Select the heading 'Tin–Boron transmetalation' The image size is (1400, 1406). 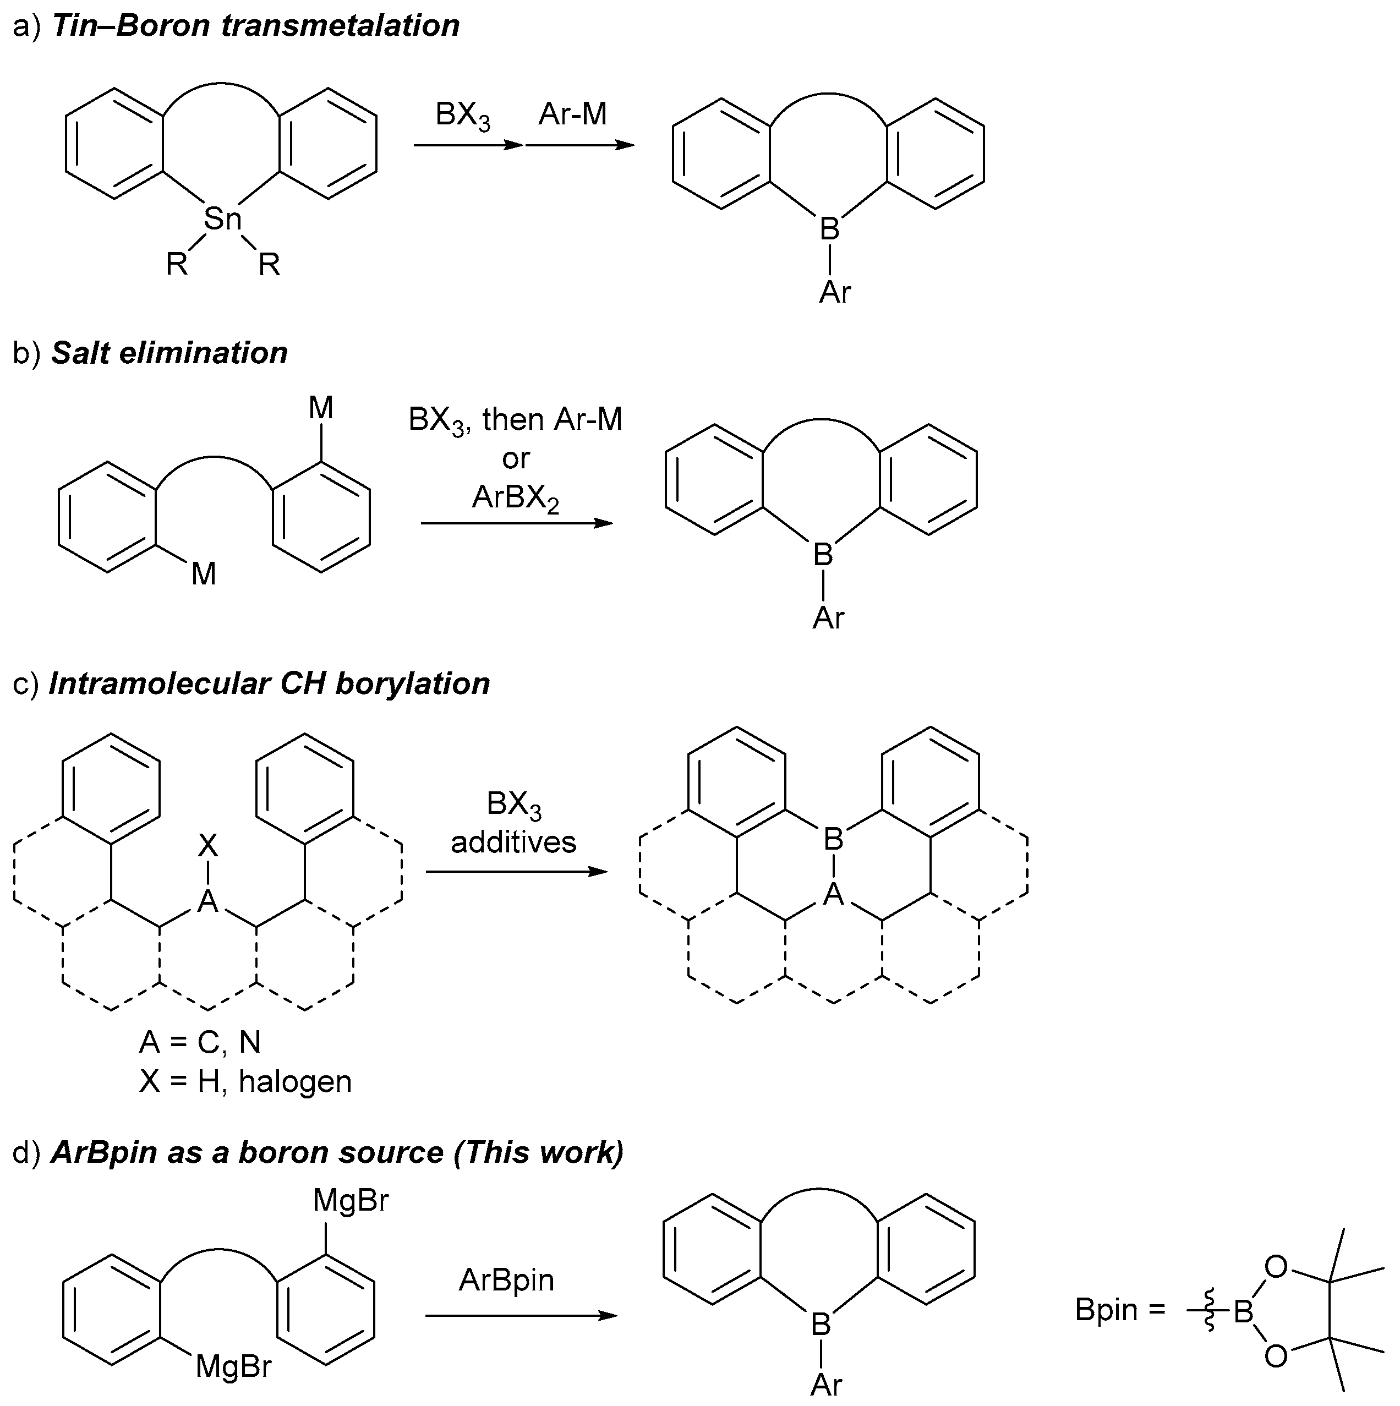click(x=255, y=25)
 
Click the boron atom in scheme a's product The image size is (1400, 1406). click(x=829, y=228)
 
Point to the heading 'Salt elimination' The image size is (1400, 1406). click(x=169, y=353)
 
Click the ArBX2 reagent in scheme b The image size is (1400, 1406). click(x=515, y=498)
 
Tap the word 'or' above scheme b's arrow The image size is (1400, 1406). click(x=515, y=458)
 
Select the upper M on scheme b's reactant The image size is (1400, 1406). click(x=321, y=408)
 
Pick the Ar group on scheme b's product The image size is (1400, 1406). click(x=828, y=618)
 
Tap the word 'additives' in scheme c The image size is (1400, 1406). click(x=514, y=842)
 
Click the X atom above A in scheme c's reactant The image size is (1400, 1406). click(x=208, y=846)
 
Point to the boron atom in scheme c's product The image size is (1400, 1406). click(x=833, y=840)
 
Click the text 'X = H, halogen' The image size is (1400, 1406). click(x=245, y=1081)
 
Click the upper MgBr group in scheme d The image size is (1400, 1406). click(x=351, y=1200)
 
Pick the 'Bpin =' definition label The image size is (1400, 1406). click(x=1120, y=1310)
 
